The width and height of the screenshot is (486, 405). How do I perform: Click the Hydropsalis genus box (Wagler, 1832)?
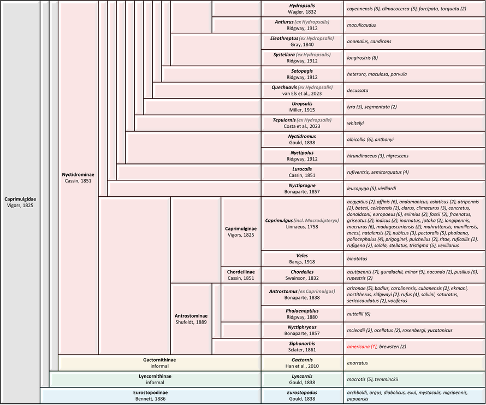302,9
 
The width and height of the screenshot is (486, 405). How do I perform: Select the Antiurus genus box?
302,25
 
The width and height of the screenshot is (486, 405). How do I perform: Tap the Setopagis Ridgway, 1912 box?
302,74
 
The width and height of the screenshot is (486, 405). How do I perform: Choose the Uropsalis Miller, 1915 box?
302,107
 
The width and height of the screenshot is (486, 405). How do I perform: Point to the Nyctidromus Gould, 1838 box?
302,140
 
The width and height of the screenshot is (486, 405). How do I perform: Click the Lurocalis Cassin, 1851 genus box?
302,173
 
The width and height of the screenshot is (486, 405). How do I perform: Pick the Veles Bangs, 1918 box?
302,258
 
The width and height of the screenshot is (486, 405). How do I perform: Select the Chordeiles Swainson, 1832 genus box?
302,274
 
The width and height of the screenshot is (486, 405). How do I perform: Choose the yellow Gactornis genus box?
302,363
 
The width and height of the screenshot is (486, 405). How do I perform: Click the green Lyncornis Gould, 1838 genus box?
302,379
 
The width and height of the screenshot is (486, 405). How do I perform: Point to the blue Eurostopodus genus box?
302,396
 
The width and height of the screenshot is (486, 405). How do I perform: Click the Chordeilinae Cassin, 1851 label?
240,274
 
